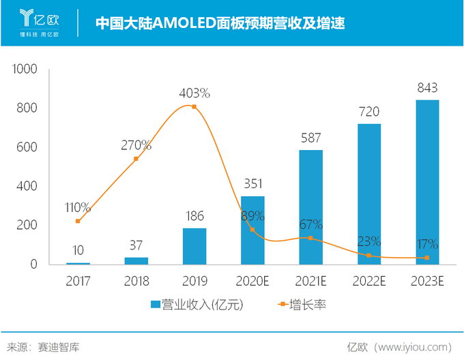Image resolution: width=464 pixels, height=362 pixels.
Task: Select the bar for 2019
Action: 194,246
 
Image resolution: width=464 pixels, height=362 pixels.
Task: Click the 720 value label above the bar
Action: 369,112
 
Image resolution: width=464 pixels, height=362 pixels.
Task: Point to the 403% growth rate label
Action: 194,93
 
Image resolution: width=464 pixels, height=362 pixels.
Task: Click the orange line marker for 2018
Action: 136,159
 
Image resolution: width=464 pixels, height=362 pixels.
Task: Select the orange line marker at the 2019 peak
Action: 194,107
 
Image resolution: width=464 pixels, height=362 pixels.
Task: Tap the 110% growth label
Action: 78,207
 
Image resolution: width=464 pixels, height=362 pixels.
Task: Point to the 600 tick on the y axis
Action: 29,147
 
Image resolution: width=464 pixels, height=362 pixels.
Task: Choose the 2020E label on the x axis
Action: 252,280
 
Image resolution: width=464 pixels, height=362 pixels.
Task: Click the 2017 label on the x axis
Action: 78,280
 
